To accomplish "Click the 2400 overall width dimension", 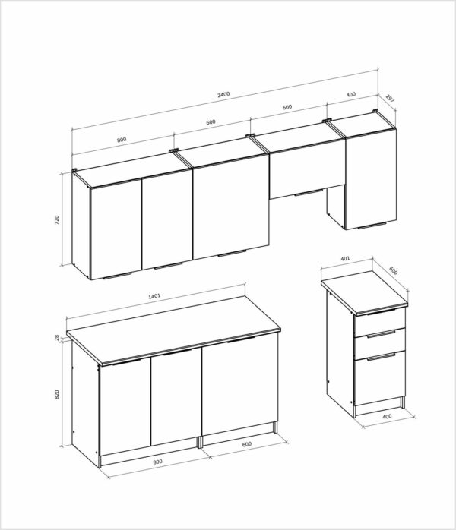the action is [223, 94].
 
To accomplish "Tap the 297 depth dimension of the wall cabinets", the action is [390, 99].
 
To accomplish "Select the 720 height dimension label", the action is [56, 219].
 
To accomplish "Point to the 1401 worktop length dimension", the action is [154, 296].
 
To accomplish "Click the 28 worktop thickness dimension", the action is [56, 337].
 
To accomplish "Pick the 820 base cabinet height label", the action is [56, 394].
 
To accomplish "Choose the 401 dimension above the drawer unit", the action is [345, 259].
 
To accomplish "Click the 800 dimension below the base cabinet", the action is [157, 462].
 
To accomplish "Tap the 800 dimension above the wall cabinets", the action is [122, 140].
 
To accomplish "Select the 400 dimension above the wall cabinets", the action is [351, 94].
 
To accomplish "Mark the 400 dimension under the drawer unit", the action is [387, 416].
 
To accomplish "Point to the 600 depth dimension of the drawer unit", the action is [393, 271].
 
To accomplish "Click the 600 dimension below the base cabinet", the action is [247, 443].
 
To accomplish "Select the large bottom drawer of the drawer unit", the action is [379, 378].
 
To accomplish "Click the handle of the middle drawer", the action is [381, 334].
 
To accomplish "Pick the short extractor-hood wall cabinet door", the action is [307, 172].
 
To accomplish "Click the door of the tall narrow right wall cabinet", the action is [371, 179].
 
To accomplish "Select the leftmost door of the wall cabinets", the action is [116, 229].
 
